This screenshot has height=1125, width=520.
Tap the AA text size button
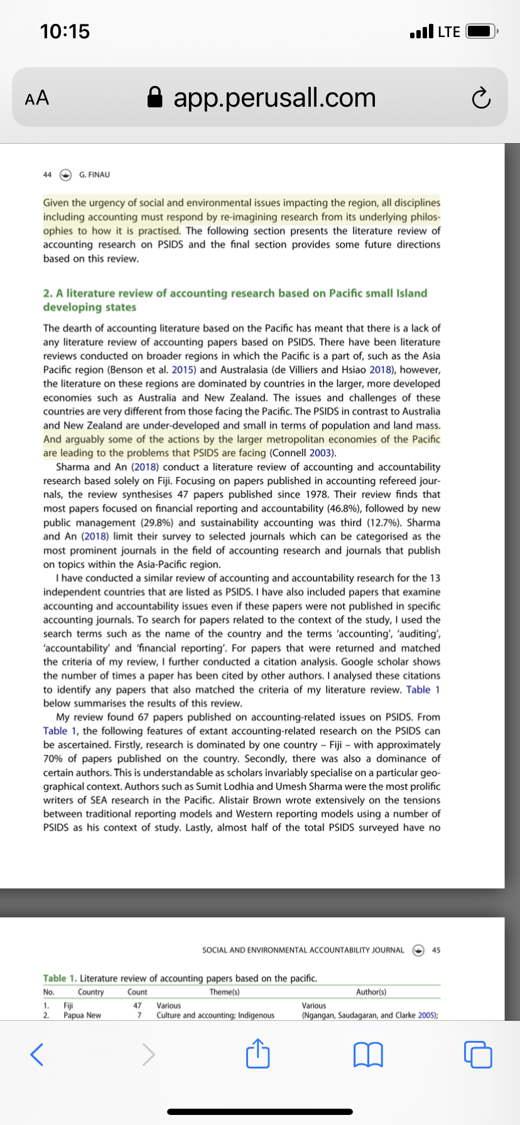(x=36, y=98)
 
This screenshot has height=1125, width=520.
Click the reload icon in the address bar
(x=480, y=99)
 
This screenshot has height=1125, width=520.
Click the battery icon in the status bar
(x=482, y=31)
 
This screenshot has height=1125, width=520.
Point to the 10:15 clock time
(x=65, y=31)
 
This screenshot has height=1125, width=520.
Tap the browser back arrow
(x=37, y=1054)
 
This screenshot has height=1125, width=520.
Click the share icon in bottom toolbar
(x=258, y=1053)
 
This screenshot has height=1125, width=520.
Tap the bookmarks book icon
(x=369, y=1054)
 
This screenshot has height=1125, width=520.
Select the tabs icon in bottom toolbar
(x=478, y=1054)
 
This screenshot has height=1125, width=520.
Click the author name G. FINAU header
(x=94, y=175)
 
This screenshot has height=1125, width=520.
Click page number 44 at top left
(x=47, y=175)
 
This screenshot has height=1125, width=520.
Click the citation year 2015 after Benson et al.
(x=182, y=370)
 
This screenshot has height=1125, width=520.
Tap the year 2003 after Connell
(x=320, y=453)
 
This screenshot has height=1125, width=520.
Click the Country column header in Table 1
(x=90, y=992)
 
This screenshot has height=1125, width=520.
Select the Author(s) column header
(x=371, y=992)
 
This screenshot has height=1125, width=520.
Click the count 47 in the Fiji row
(x=137, y=1005)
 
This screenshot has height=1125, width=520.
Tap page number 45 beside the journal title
(x=436, y=950)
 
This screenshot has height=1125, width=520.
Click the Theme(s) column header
(x=224, y=992)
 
